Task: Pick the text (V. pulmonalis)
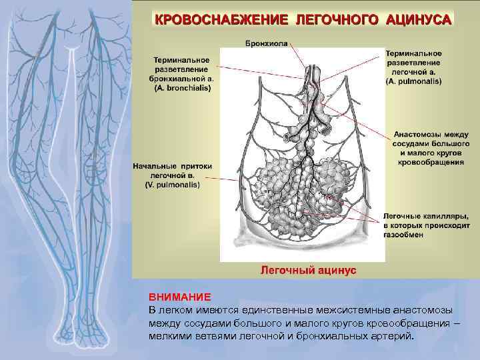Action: click(x=172, y=185)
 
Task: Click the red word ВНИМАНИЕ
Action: click(x=170, y=297)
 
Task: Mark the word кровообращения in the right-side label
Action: click(x=432, y=161)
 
